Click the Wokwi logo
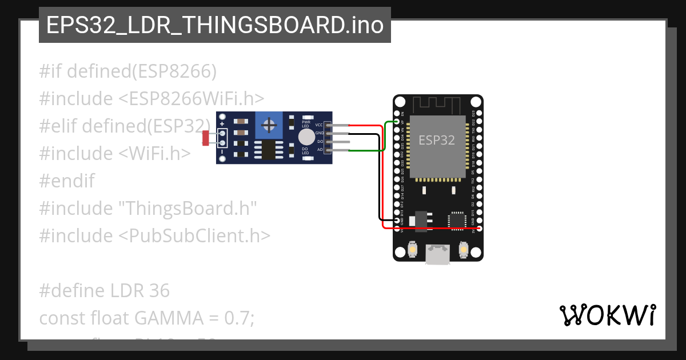[607, 315]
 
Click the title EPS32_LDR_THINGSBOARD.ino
[214, 25]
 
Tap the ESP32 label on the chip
[437, 140]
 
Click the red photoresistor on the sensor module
[206, 138]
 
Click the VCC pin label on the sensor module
[319, 125]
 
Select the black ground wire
[379, 177]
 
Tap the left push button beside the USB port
[412, 250]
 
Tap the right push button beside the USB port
[464, 250]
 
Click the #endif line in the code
[67, 181]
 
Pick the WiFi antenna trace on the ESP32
[437, 105]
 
